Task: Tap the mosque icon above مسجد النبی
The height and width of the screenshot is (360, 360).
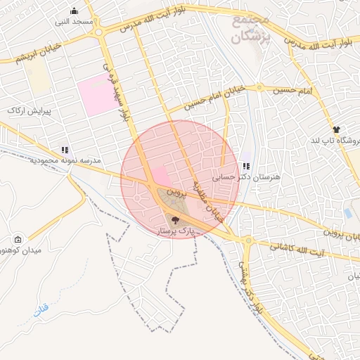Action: tap(75, 11)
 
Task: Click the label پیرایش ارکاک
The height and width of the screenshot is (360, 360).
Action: tap(26, 111)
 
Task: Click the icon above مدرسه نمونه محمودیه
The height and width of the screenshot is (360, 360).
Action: tap(65, 150)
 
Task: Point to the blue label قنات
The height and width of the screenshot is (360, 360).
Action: tap(42, 309)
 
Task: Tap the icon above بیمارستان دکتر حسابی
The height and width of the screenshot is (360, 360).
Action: tap(246, 167)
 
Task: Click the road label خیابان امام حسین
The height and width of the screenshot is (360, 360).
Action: tap(214, 98)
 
